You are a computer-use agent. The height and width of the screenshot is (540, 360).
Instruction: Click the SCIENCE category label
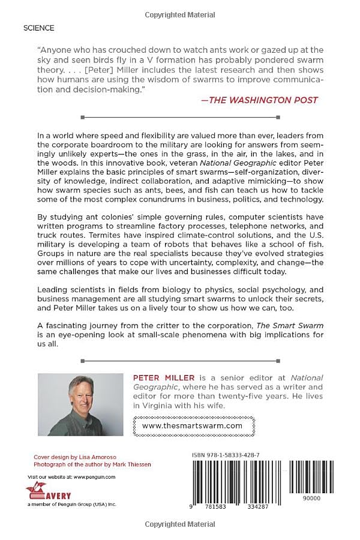[38, 28]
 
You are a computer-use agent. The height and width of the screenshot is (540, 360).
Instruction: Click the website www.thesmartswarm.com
[193, 425]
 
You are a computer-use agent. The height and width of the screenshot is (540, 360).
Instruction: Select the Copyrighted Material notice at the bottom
[179, 524]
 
